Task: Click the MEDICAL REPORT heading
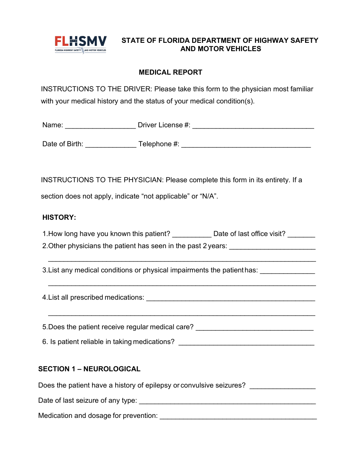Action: [x=171, y=72]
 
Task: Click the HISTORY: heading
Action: [x=59, y=217]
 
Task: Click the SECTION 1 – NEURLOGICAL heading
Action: [x=89, y=369]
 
